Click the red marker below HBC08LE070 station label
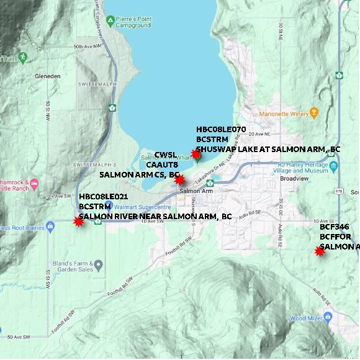tap(196, 154)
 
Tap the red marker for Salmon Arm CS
tap(179, 180)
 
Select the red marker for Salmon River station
tap(79, 221)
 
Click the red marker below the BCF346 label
tap(320, 251)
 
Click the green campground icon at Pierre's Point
tap(110, 21)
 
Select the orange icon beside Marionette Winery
tap(313, 113)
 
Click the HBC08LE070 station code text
tap(221, 129)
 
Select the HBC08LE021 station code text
tap(104, 196)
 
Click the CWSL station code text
tap(166, 155)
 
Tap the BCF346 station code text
tap(333, 227)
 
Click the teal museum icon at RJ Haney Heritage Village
tap(334, 166)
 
